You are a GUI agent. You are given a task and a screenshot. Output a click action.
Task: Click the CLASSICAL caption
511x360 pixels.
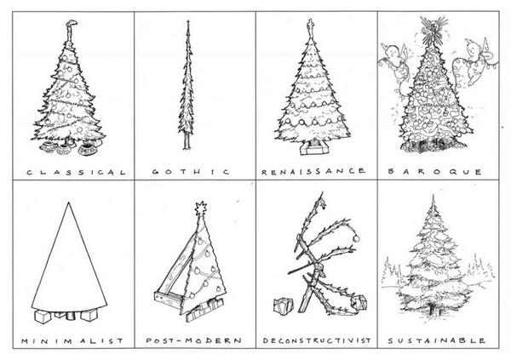76,171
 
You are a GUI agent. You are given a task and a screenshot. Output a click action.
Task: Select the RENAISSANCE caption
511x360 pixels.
313,171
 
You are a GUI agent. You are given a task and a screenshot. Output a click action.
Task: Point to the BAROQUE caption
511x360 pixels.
437,171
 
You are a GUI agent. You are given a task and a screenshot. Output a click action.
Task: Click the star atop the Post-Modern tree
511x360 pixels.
203,207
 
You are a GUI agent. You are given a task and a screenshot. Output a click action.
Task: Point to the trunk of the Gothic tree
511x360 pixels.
187,140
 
